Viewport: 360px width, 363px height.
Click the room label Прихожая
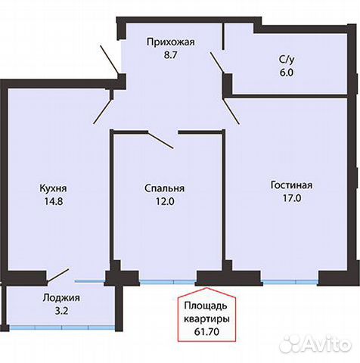tap(170, 42)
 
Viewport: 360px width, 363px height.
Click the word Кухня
tap(54, 189)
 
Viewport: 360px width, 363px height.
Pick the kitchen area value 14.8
tap(54, 202)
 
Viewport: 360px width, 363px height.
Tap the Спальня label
tap(166, 189)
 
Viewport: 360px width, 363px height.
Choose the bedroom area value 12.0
tap(166, 202)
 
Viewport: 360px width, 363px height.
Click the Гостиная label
tap(291, 185)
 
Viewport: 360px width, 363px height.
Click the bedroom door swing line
tap(160, 140)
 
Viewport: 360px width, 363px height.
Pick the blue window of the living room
tap(289, 282)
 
